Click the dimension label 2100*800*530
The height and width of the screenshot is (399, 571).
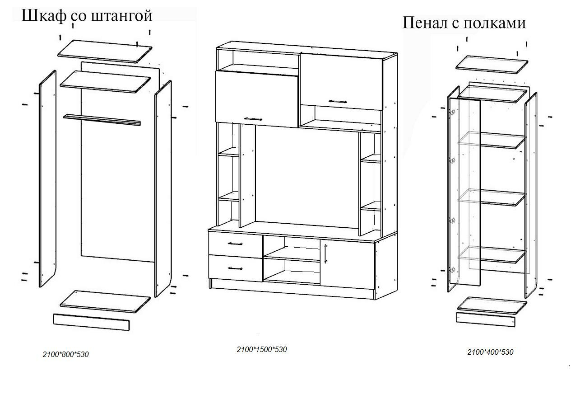65,354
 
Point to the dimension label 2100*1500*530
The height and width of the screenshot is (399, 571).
262,349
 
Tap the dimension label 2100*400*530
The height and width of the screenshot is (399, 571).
490,352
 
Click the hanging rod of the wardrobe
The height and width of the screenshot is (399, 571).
102,119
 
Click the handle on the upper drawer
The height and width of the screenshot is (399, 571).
235,244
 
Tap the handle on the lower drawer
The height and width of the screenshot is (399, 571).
235,268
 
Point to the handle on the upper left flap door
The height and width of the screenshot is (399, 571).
253,119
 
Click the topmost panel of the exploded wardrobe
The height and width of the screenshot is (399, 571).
105,50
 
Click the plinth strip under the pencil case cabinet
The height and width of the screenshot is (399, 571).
486,318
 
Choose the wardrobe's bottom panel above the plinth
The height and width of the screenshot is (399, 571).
105,300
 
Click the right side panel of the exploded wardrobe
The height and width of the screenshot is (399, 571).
163,190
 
